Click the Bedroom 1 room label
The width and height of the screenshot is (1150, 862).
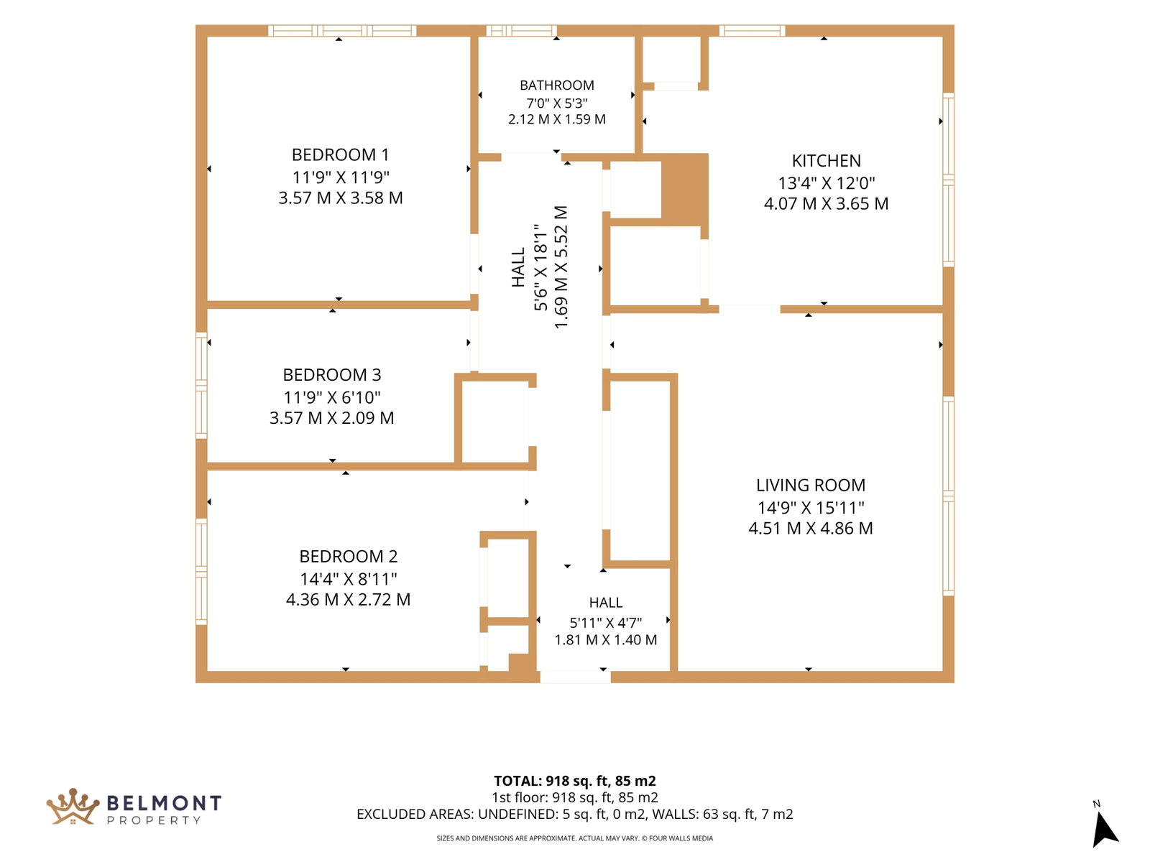pyautogui.click(x=340, y=155)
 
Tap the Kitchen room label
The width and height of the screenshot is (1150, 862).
pyautogui.click(x=826, y=161)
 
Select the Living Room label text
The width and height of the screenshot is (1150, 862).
pyautogui.click(x=810, y=485)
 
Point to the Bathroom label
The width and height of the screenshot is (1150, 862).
pyautogui.click(x=556, y=85)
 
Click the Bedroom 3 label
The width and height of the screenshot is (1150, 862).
pyautogui.click(x=331, y=375)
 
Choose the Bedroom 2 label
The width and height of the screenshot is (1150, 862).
pyautogui.click(x=348, y=556)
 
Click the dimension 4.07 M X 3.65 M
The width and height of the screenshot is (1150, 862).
pyautogui.click(x=826, y=203)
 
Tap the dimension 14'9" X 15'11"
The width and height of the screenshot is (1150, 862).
pyautogui.click(x=810, y=507)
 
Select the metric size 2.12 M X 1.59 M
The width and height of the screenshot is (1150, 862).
pyautogui.click(x=556, y=119)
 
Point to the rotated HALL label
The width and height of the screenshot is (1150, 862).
pyautogui.click(x=517, y=267)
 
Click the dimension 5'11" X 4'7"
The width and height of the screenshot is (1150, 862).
pyautogui.click(x=605, y=622)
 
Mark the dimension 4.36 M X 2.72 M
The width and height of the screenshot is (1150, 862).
pyautogui.click(x=348, y=599)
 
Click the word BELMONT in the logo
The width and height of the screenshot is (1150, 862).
pyautogui.click(x=164, y=803)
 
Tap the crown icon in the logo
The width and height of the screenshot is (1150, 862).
pyautogui.click(x=73, y=806)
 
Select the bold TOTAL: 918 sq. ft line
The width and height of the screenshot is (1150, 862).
pyautogui.click(x=574, y=781)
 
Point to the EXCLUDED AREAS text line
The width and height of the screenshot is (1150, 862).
pyautogui.click(x=574, y=814)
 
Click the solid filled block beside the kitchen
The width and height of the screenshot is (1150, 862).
pyautogui.click(x=684, y=190)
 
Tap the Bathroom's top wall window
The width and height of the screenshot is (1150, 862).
pyautogui.click(x=521, y=30)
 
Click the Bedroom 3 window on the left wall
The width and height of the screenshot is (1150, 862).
pyautogui.click(x=201, y=385)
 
